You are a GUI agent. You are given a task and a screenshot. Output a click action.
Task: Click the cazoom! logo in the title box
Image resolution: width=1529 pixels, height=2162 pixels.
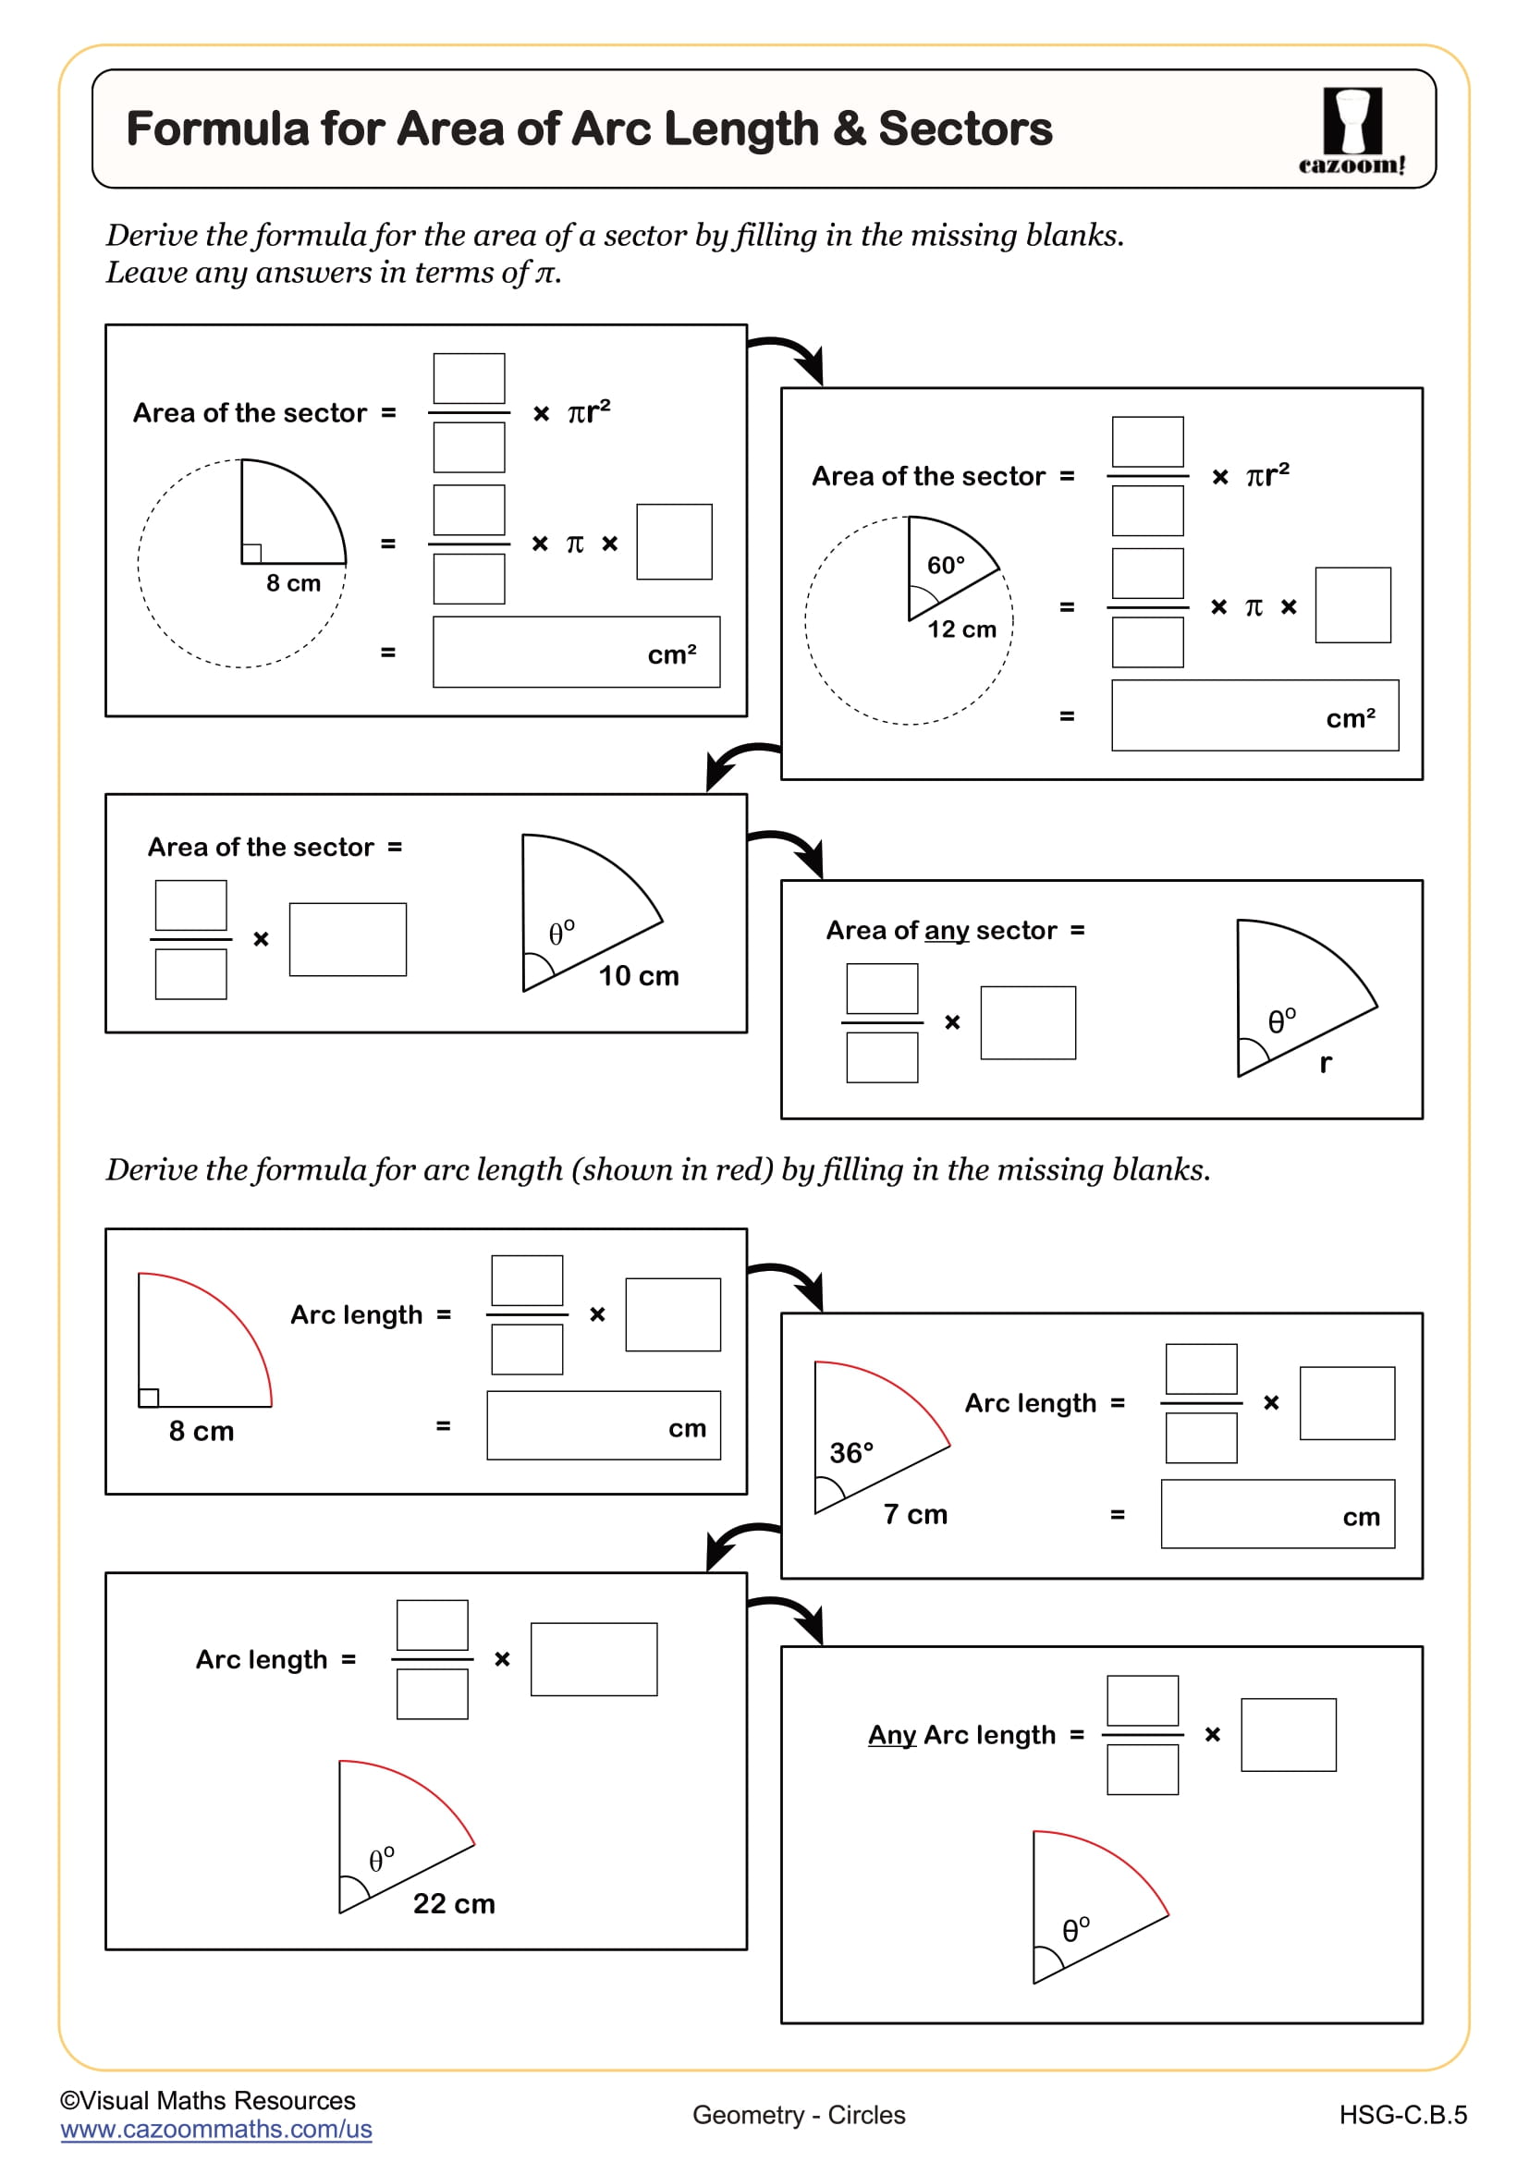(1352, 130)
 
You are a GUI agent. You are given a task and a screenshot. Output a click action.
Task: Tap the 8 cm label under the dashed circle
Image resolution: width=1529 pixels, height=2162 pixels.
(293, 583)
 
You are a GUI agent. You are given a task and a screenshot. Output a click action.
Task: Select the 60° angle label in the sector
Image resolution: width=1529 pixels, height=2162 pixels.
(946, 565)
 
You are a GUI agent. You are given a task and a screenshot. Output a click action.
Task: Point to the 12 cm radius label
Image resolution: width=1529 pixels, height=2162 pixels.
(961, 629)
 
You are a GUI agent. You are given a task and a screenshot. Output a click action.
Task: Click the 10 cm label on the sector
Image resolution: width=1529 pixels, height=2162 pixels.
(639, 975)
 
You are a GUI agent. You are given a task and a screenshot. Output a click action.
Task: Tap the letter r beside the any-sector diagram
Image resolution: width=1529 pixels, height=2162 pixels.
(1325, 1063)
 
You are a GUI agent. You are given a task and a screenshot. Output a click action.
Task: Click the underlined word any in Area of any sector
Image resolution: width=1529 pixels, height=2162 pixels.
(947, 931)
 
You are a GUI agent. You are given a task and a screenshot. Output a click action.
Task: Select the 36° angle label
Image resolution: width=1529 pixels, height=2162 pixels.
(851, 1453)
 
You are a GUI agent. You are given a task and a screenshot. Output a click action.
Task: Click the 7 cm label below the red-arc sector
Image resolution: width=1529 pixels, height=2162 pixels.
(915, 1514)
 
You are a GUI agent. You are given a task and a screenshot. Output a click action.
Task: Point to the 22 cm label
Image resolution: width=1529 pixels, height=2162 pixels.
(454, 1903)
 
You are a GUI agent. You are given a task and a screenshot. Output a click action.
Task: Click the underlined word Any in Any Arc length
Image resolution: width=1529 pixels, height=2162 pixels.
(891, 1734)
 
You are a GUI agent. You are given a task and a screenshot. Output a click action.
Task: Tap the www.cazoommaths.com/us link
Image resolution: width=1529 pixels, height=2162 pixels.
(215, 2129)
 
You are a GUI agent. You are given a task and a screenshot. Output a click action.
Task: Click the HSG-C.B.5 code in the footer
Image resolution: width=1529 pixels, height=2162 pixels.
(1402, 2115)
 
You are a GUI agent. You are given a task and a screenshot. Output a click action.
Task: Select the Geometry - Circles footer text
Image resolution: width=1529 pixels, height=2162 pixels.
(799, 2115)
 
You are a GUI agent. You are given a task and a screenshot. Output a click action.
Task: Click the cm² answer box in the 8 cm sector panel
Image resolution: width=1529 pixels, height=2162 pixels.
(576, 653)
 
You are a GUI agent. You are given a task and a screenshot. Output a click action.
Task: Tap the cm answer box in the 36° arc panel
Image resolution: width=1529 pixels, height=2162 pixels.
(1277, 1514)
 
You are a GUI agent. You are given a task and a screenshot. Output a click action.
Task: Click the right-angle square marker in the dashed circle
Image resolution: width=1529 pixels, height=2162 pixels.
(251, 554)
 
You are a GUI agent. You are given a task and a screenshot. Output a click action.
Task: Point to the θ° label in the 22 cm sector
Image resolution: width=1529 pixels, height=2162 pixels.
(381, 1860)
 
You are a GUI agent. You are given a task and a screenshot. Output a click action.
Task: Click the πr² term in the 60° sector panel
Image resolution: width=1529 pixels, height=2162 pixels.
(1267, 474)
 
